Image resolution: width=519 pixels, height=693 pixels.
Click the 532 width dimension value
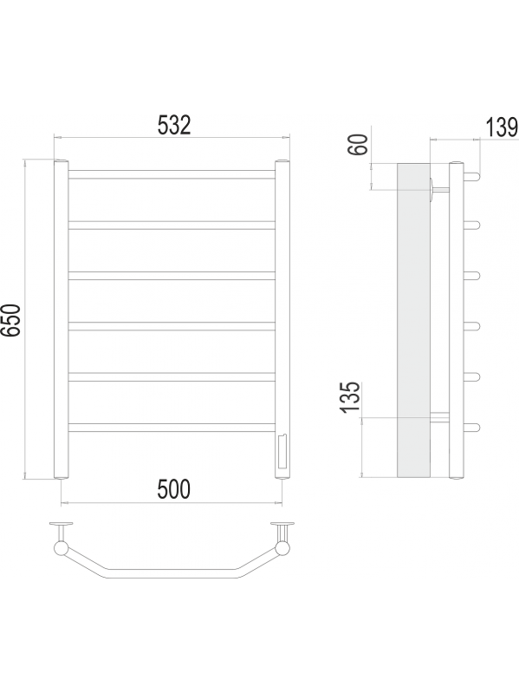coord(174,125)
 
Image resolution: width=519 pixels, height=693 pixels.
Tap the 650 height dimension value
coord(11,320)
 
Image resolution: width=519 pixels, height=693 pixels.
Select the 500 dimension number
coord(174,489)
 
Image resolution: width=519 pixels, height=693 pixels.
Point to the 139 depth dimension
coord(503,127)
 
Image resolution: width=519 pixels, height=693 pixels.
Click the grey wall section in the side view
coord(413,320)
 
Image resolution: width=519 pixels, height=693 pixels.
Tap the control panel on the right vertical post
coord(282,452)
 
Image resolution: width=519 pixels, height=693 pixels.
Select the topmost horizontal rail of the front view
coord(172,174)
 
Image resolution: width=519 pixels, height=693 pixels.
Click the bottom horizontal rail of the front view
coord(172,428)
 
